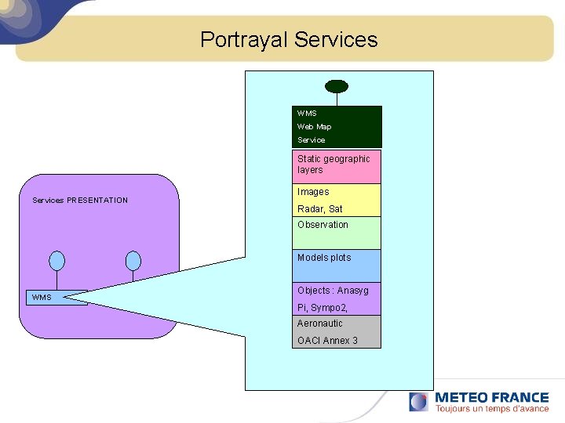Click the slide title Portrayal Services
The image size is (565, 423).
coord(289,40)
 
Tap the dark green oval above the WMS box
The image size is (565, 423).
coord(337,86)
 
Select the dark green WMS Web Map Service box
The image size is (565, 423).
coord(337,127)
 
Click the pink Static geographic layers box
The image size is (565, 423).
coord(337,166)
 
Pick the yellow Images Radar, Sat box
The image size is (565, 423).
coord(337,200)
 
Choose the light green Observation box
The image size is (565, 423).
coord(337,233)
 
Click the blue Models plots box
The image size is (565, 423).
coord(337,266)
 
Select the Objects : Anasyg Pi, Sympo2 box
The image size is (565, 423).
coord(337,298)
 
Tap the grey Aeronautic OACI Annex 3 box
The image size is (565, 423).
coord(337,331)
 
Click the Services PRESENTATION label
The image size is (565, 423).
coord(80,201)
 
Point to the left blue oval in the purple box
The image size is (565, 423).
coord(56,260)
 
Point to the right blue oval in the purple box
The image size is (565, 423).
coord(133,260)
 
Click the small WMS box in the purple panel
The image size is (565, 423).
coord(56,298)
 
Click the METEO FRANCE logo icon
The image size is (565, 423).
coord(419,402)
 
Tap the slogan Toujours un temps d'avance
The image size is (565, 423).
coord(492,409)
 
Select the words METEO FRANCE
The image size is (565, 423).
coord(492,397)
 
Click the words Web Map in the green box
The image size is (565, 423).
coord(314,127)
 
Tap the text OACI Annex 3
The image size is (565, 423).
coord(327,341)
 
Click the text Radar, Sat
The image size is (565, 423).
coord(319,209)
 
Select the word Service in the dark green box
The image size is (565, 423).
coord(311,140)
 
